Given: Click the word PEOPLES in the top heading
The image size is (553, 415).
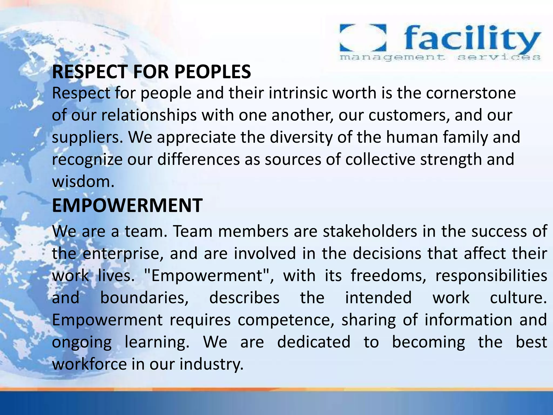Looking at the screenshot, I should pos(213,72).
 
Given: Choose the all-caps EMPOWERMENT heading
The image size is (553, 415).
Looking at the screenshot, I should pos(127,205).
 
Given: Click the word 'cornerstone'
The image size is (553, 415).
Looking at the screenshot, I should pos(471,93).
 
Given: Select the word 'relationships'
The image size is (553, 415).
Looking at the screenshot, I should pos(149,115).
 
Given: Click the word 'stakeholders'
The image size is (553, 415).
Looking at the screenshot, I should pos(370,232).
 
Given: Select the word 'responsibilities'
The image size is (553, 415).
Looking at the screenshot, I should pos(491,276).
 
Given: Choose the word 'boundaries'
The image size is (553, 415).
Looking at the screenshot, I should pos(144,298).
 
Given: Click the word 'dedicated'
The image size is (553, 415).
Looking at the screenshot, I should pos(314,342).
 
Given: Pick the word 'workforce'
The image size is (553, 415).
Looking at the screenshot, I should pos(89,364).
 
